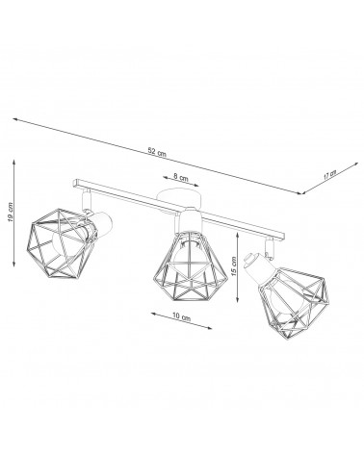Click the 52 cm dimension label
point(157,151)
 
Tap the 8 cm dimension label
point(181,176)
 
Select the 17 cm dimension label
point(329,175)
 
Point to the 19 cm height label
point(10,213)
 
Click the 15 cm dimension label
point(233,266)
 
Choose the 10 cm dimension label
point(181,316)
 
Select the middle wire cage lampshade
point(191,265)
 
